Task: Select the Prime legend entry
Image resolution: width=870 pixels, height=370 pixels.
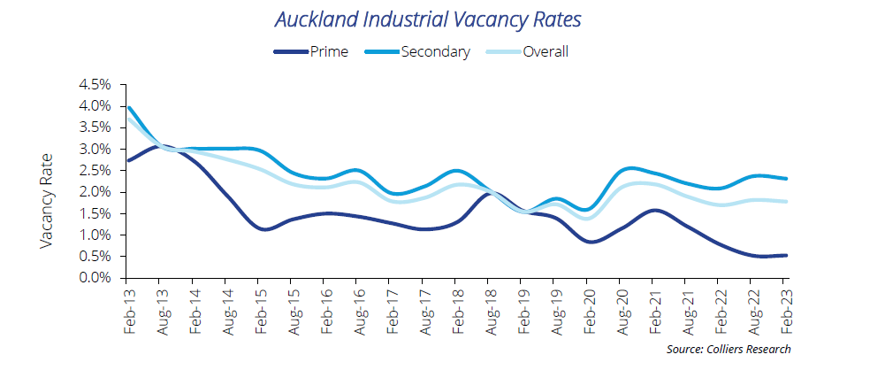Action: (x=327, y=51)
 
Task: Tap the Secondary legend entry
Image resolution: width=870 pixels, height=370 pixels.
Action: (x=435, y=51)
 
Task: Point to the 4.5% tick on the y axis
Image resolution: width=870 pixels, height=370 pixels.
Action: (x=95, y=85)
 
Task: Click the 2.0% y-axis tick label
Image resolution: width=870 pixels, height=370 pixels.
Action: (x=95, y=192)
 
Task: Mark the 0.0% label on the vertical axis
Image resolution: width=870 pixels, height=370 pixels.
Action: (x=95, y=278)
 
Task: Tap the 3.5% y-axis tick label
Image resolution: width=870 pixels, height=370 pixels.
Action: (x=95, y=127)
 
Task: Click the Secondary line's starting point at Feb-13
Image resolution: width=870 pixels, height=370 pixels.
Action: (x=129, y=108)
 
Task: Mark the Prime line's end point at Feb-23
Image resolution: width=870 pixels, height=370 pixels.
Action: (x=785, y=255)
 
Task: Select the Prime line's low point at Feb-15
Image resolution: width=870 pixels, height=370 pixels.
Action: (x=263, y=228)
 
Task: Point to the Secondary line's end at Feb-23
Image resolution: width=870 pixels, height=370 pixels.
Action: (x=785, y=179)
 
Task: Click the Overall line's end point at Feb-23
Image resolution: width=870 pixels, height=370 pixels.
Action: (x=785, y=202)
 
